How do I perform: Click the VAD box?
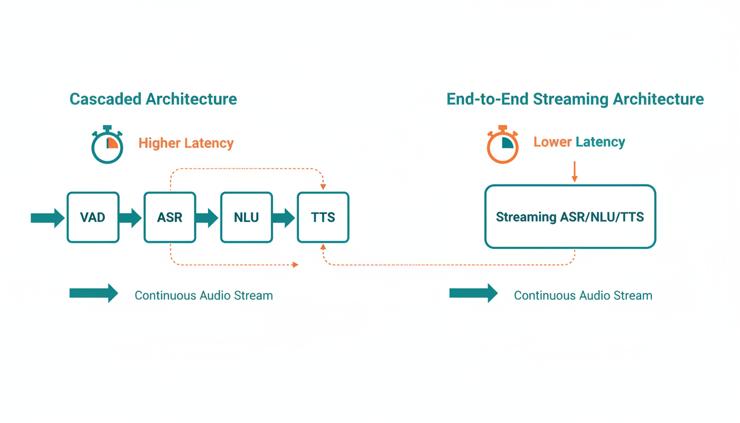click(x=92, y=218)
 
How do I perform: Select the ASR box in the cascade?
click(x=170, y=218)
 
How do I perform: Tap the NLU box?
click(x=246, y=218)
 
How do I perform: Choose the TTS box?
click(x=323, y=218)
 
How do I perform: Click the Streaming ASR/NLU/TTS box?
click(x=570, y=216)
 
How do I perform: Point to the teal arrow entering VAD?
click(x=47, y=218)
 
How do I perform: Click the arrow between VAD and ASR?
click(x=130, y=218)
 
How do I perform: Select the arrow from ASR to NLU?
click(x=207, y=218)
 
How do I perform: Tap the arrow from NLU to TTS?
click(x=284, y=218)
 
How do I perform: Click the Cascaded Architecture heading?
click(x=153, y=99)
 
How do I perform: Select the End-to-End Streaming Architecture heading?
click(x=575, y=99)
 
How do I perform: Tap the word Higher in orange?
click(x=160, y=143)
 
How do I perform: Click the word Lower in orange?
click(x=552, y=142)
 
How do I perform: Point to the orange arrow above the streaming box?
click(x=575, y=172)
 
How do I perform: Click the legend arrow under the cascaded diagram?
click(x=94, y=294)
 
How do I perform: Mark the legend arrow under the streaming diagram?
click(x=474, y=294)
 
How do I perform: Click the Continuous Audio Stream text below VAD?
click(x=204, y=296)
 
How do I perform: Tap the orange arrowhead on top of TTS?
click(x=323, y=187)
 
